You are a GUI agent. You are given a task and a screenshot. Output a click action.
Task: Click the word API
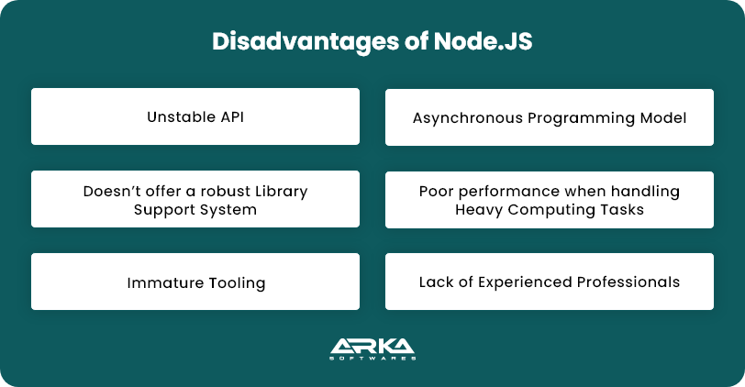(x=229, y=117)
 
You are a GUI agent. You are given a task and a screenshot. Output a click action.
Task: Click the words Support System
(x=195, y=210)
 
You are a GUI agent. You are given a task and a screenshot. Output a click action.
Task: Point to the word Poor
(x=436, y=192)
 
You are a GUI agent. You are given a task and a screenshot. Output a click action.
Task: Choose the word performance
(x=502, y=192)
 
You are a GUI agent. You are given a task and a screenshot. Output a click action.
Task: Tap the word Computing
(x=542, y=210)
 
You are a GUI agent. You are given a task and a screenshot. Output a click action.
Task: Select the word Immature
(x=160, y=282)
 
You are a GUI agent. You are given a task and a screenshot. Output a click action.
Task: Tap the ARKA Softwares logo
(x=372, y=350)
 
